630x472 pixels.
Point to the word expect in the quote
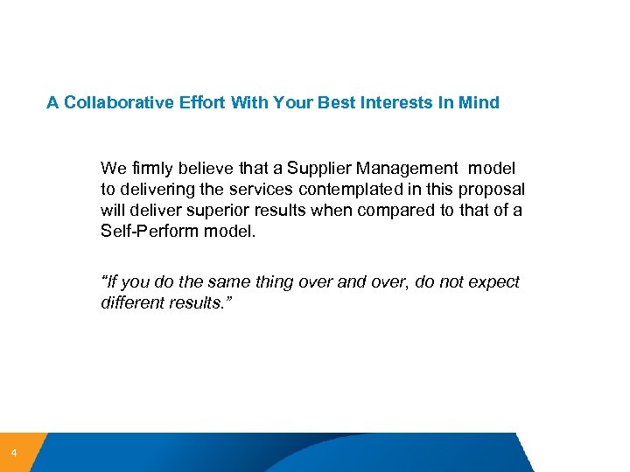[x=495, y=282]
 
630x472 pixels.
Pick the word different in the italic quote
[x=132, y=303]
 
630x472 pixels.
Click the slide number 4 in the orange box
[x=13, y=453]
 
